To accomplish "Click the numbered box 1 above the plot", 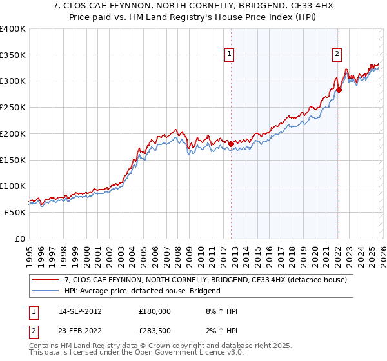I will pos(229,55).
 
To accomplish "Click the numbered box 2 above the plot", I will pos(337,55).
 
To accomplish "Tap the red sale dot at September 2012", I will pos(231,144).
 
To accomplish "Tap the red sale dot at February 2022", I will pos(339,90).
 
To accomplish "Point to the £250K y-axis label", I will pos(13,108).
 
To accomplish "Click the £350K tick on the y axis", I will pos(13,55).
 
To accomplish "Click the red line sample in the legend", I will pos(46,280).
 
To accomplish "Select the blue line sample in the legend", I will pos(46,291).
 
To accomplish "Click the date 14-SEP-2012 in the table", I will pos(80,311).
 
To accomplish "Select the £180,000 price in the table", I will pos(155,311).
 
